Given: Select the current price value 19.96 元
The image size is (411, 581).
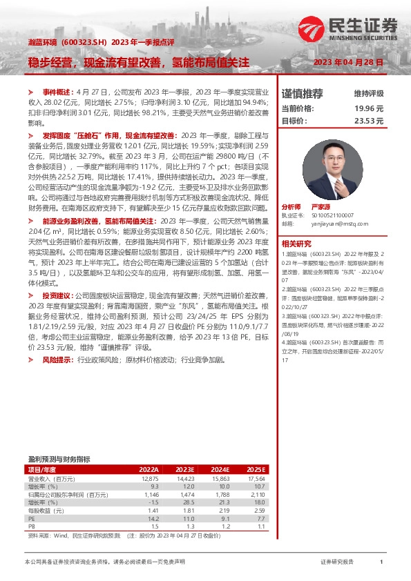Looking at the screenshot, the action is (x=369, y=108).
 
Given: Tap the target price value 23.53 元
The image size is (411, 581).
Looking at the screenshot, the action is (x=369, y=120).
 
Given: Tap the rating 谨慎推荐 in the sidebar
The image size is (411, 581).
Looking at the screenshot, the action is (x=303, y=93).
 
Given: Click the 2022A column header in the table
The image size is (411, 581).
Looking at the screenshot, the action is (x=149, y=469).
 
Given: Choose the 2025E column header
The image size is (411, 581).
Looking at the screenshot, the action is (x=256, y=469).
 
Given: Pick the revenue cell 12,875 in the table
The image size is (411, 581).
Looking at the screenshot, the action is (x=149, y=477).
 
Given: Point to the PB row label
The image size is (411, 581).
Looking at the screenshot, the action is (x=31, y=525).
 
